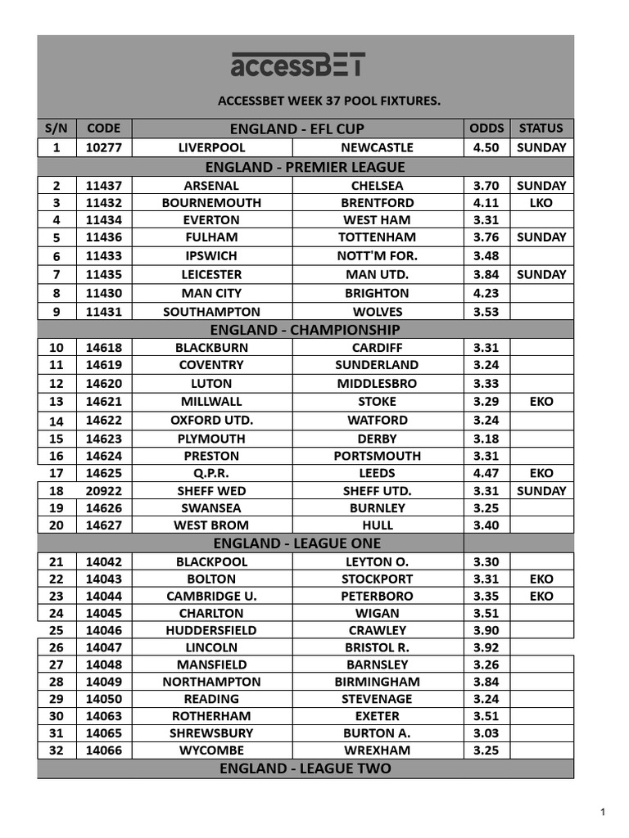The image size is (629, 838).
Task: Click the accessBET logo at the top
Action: (297, 65)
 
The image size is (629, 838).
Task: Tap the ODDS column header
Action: (486, 128)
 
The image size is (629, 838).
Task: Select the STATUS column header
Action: (541, 128)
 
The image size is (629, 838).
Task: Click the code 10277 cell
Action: (104, 148)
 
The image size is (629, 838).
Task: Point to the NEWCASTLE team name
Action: (377, 148)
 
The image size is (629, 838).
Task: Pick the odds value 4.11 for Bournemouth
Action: (486, 203)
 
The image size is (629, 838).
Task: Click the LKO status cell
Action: (541, 203)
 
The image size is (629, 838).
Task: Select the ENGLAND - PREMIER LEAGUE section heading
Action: (305, 167)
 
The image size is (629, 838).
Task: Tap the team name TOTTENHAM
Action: (377, 237)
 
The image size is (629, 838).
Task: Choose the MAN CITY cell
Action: (211, 293)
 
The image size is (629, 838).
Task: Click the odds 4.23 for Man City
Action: (486, 293)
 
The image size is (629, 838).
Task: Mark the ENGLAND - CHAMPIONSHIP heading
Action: (305, 330)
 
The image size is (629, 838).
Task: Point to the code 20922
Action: (104, 491)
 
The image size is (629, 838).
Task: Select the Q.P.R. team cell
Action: (211, 473)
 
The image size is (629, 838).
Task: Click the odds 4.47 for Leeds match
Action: (486, 473)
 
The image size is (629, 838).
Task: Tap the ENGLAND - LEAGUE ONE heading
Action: (296, 543)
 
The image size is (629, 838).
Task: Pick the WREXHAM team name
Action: (377, 750)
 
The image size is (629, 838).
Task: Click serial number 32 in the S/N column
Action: (56, 750)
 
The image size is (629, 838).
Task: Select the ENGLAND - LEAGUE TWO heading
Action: (305, 768)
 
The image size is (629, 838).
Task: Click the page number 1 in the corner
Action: (603, 812)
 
